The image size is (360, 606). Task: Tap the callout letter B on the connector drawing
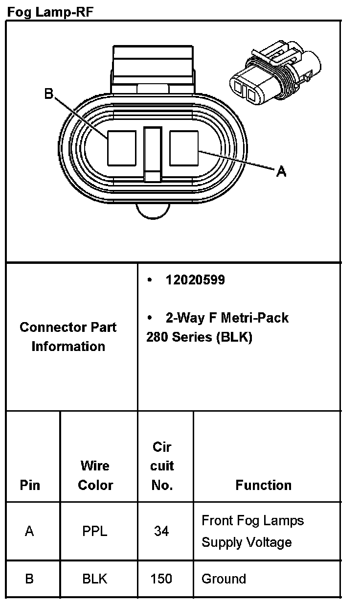[48, 93]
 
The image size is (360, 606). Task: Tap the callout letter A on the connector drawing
[281, 171]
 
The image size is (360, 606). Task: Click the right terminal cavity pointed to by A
[184, 147]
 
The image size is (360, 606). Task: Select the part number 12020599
[195, 280]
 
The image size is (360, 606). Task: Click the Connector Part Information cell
[68, 337]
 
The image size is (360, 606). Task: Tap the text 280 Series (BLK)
[199, 337]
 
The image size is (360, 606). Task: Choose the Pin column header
[30, 485]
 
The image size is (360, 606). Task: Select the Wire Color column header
[95, 475]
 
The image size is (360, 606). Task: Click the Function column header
[263, 485]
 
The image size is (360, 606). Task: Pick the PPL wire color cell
[95, 531]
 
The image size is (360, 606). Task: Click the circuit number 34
[161, 531]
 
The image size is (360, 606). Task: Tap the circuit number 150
[161, 579]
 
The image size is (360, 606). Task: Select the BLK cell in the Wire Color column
[95, 579]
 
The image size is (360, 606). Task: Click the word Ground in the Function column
[224, 579]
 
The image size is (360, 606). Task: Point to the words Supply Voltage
[247, 542]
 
